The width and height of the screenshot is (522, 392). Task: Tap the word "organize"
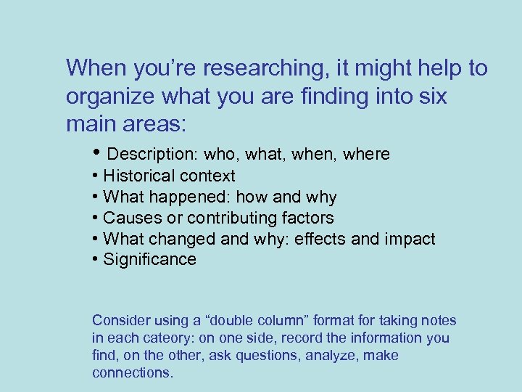(x=110, y=97)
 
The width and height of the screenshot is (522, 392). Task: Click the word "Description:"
(x=152, y=154)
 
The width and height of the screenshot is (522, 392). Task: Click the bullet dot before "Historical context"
(x=96, y=176)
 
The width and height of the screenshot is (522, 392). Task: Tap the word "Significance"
(x=150, y=259)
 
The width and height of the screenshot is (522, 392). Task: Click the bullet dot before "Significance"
(x=96, y=260)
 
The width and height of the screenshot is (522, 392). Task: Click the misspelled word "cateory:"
(x=172, y=338)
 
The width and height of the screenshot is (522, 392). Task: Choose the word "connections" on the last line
(x=131, y=373)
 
